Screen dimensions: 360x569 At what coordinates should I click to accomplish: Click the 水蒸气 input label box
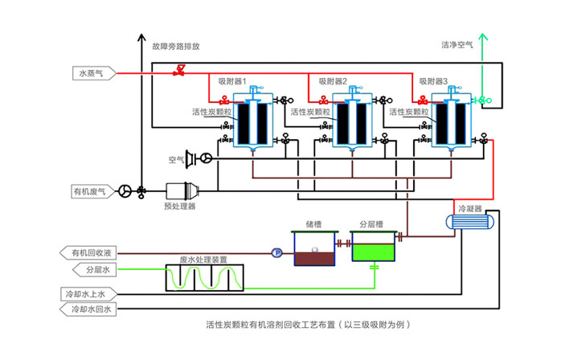89,74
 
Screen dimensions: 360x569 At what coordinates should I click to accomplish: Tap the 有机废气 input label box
89,191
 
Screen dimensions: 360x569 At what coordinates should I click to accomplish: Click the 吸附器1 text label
232,81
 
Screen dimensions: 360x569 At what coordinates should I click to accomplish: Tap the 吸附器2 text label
333,81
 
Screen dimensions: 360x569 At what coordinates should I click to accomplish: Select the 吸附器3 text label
433,81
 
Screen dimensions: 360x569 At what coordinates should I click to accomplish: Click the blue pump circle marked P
276,252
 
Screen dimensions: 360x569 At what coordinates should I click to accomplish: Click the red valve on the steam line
180,72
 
